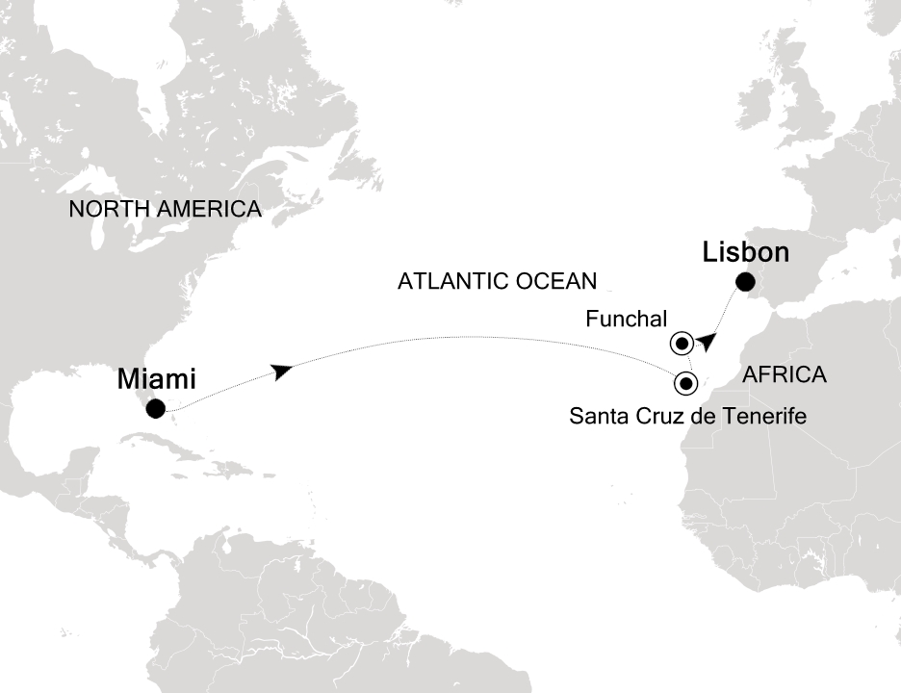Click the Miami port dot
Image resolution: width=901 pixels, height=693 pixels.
tap(154, 409)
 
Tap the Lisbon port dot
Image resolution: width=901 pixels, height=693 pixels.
tap(745, 282)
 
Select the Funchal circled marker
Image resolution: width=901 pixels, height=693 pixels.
tap(682, 343)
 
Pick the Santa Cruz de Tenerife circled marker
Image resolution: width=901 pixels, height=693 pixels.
tap(685, 383)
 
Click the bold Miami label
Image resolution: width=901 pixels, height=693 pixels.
tap(157, 378)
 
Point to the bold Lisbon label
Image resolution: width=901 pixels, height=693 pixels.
tap(746, 253)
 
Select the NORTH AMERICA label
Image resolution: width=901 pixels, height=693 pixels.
tap(165, 209)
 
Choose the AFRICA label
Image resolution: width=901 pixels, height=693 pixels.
tap(785, 375)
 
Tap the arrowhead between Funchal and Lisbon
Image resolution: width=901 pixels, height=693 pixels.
tap(708, 340)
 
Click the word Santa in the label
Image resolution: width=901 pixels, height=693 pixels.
tap(594, 417)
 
